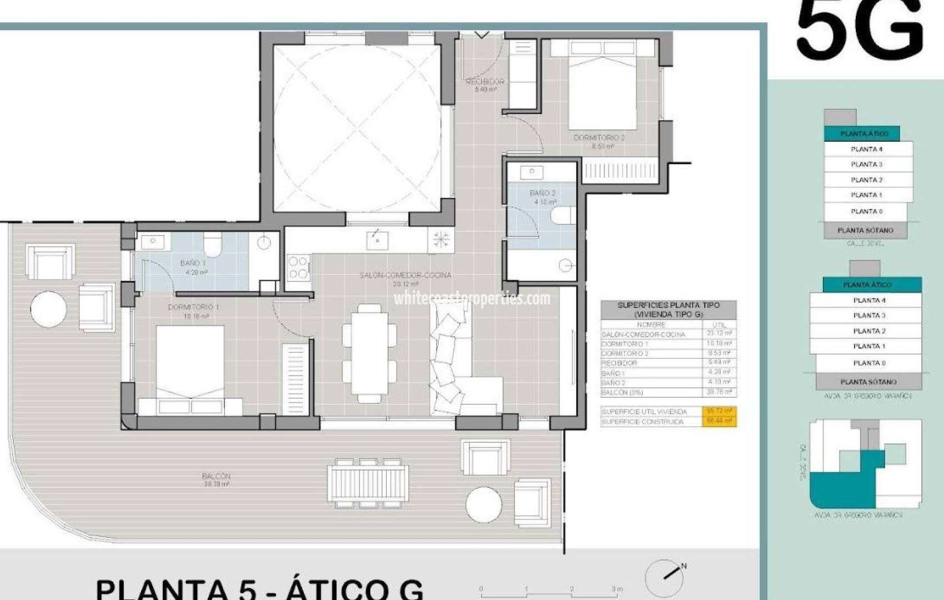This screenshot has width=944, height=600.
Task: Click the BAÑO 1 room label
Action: click(193, 263)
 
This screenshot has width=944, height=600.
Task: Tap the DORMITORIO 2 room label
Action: click(599, 138)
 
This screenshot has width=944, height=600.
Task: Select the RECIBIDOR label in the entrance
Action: click(485, 82)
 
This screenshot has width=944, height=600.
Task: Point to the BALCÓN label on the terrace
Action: click(216, 476)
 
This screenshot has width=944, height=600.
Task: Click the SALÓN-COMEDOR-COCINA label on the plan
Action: click(405, 276)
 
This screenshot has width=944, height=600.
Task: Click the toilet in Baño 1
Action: click(213, 243)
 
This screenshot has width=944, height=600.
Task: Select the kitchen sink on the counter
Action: click(377, 241)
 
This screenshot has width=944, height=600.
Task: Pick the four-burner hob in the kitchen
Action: click(298, 267)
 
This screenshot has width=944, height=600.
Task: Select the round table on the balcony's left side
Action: click(48, 309)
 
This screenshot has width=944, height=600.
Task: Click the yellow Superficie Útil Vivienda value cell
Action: click(720, 411)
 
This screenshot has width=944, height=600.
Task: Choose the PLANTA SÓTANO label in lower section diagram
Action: click(868, 382)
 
